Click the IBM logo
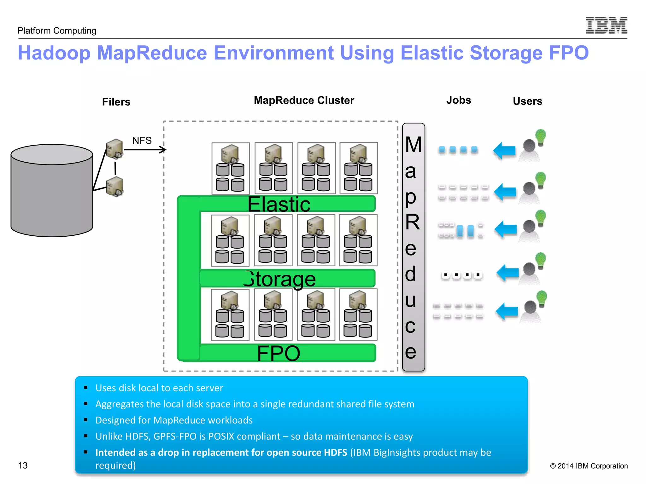tap(606, 25)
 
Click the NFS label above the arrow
tap(142, 141)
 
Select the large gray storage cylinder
tap(52, 191)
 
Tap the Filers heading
tap(116, 102)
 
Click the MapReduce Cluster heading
tap(304, 100)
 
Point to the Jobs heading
tap(458, 100)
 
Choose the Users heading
tap(527, 101)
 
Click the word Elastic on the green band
tap(279, 204)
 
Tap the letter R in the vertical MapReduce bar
tap(413, 222)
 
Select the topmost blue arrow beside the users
tap(504, 151)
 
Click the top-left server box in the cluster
tap(231, 168)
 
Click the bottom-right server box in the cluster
tap(358, 314)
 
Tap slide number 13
tap(23, 465)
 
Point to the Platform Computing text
tap(57, 31)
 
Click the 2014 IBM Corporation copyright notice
tap(589, 466)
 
